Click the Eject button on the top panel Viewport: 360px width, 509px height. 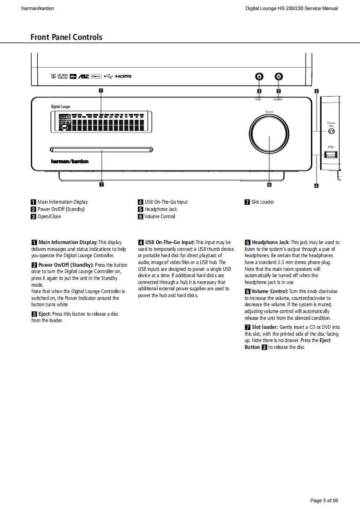[x=259, y=77]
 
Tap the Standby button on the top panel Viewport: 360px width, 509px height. [x=279, y=77]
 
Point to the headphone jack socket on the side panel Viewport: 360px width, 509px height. [x=331, y=132]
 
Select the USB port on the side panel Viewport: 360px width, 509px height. [x=331, y=155]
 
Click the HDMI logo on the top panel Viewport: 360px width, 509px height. [x=123, y=76]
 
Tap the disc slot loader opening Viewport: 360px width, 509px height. [x=101, y=148]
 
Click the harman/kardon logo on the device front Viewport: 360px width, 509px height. [x=69, y=161]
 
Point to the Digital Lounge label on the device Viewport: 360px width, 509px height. [x=60, y=107]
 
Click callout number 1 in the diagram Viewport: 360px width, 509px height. [x=101, y=90]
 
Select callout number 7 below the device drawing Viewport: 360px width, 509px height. [x=101, y=185]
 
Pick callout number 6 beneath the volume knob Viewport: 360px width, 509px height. [x=269, y=185]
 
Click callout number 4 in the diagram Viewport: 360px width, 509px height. [x=316, y=185]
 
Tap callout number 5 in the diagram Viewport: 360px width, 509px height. [x=316, y=91]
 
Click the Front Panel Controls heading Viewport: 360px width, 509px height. [x=66, y=37]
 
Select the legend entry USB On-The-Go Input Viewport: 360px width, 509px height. [x=166, y=202]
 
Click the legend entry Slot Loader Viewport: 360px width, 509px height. [x=262, y=202]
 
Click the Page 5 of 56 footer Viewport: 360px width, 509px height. [x=324, y=500]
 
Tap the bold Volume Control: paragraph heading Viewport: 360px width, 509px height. [x=270, y=291]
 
